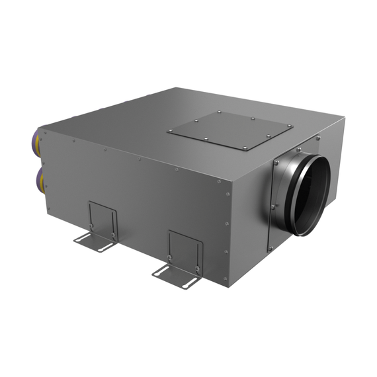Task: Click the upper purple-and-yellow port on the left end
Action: (40, 144)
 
